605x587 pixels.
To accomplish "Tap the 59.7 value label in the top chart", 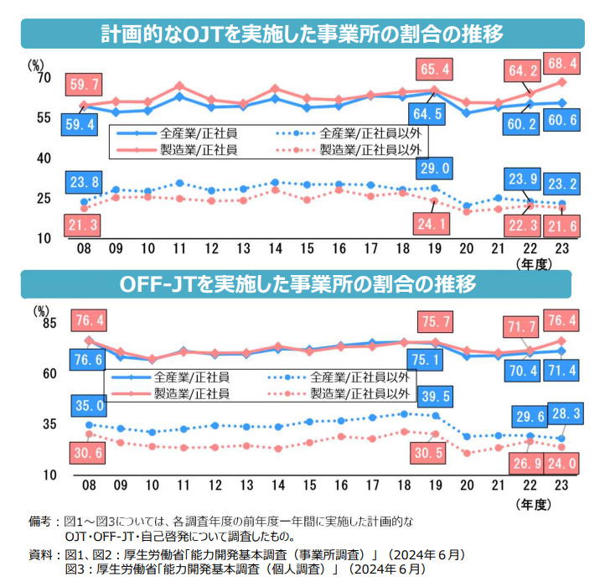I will point(85,84).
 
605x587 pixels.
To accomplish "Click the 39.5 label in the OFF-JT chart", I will point(434,397).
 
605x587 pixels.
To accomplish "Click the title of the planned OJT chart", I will point(302,34).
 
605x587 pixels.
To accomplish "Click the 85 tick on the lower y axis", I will point(44,323).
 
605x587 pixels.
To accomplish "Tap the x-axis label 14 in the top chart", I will point(275,249).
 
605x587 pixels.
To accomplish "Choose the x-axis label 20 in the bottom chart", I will point(467,486).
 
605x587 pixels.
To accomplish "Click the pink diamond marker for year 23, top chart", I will point(562,81).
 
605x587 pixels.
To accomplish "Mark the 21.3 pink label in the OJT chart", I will point(85,225).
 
